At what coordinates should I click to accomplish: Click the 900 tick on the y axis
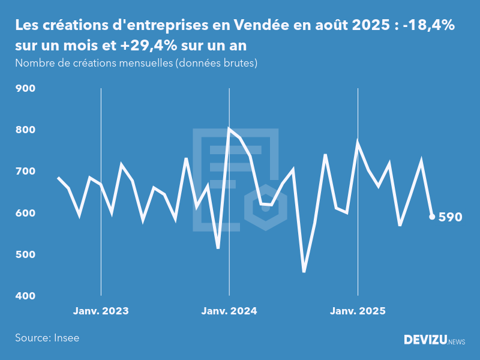coord(26,89)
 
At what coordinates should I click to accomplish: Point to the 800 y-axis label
coord(26,130)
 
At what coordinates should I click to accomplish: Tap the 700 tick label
coord(26,172)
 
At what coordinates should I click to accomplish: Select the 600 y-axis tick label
coord(26,213)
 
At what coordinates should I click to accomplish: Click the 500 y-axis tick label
coord(26,254)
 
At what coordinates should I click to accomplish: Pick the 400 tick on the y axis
coord(26,296)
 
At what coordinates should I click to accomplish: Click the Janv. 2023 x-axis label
coord(101,311)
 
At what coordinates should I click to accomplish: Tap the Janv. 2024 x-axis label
coord(229,311)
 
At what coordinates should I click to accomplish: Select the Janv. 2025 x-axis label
coord(358,311)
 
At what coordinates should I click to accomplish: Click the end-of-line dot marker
coord(432,217)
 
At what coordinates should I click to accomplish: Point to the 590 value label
coord(451,217)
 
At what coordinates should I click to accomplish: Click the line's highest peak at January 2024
coord(229,128)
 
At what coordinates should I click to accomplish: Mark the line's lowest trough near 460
coord(304,272)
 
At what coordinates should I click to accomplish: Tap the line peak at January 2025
coord(358,142)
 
